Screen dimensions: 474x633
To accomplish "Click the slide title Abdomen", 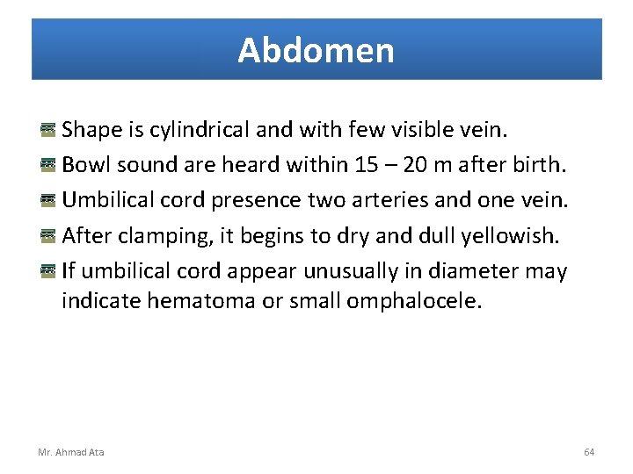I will click(x=316, y=51).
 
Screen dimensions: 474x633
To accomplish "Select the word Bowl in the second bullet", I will click(x=84, y=165).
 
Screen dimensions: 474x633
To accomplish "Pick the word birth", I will click(x=532, y=165).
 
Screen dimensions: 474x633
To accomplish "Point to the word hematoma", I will click(x=200, y=301).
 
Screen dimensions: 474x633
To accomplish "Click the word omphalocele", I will click(x=415, y=301).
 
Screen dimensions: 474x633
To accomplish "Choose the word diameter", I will click(x=469, y=270).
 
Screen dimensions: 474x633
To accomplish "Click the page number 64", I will click(x=589, y=452).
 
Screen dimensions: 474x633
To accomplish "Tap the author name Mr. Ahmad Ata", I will click(x=70, y=452).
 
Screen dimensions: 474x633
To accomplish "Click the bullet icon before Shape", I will click(x=48, y=130).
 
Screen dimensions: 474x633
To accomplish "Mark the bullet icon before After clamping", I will click(x=48, y=235).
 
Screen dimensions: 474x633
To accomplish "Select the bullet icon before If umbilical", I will click(x=48, y=270).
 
